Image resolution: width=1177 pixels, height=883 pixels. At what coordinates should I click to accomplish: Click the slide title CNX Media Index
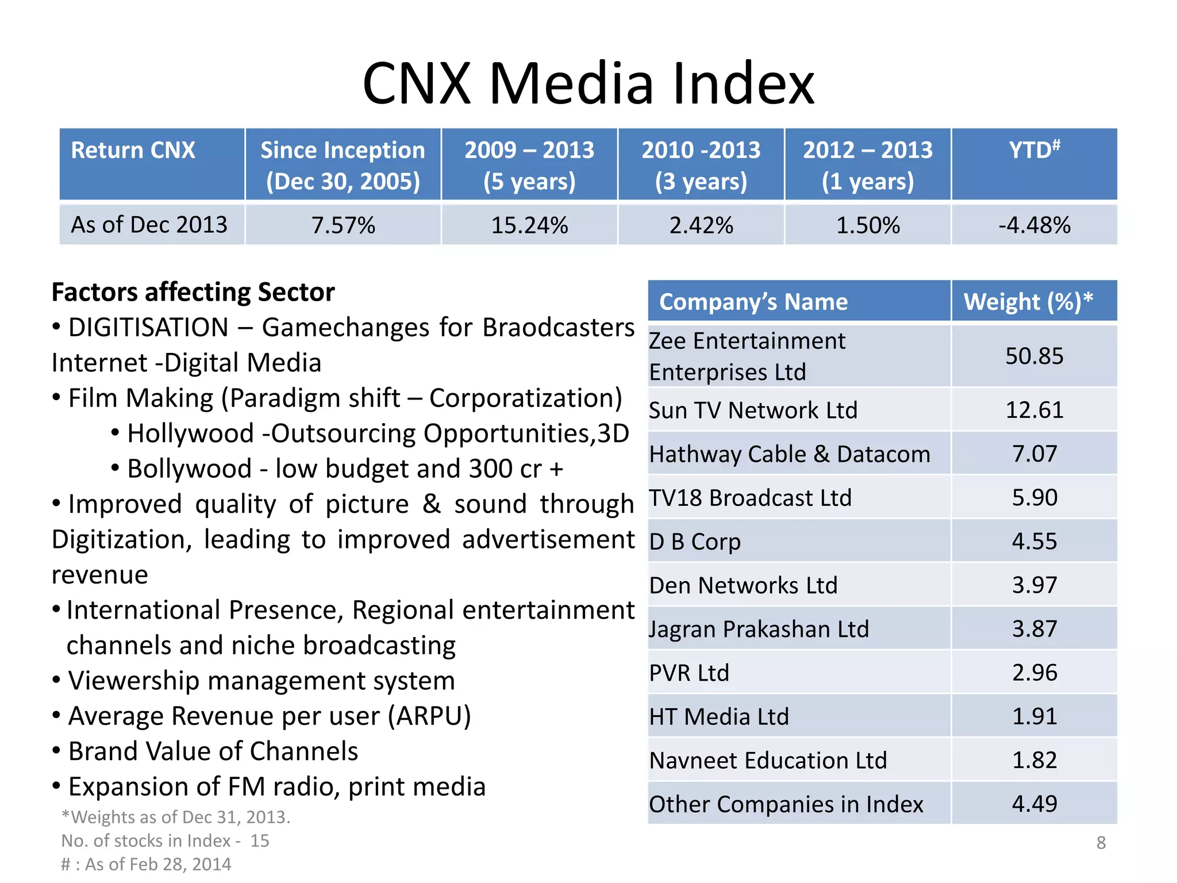point(588,84)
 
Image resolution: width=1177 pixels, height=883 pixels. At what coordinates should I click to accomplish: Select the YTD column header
point(1034,151)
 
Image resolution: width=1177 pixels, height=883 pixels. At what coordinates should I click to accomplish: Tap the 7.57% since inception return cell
point(343,225)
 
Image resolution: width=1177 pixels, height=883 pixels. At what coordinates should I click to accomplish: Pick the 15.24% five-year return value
point(529,225)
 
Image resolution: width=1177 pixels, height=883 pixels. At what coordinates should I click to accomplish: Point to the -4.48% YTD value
point(1034,225)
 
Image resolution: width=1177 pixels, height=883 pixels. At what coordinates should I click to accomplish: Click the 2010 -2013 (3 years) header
point(701,165)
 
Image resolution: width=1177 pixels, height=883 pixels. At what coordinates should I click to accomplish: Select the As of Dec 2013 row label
point(149,225)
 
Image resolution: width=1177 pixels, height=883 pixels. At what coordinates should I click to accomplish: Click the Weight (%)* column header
point(1028,302)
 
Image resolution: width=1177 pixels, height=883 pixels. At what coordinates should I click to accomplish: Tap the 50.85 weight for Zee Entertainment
point(1034,356)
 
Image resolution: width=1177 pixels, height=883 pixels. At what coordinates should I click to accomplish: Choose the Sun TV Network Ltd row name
point(753,410)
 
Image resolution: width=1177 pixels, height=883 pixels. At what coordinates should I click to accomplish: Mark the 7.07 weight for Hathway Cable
point(1034,454)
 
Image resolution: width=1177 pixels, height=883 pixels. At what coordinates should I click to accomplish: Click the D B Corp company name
point(695,542)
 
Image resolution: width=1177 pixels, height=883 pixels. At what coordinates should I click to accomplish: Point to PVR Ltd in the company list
point(689,673)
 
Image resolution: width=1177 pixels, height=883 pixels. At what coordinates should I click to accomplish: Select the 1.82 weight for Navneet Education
point(1034,760)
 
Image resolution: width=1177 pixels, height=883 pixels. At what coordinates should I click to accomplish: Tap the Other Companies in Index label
point(786,804)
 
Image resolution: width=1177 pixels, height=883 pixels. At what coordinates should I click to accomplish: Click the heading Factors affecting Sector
point(193,292)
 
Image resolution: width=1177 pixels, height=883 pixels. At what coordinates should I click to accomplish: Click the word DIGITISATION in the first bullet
point(148,328)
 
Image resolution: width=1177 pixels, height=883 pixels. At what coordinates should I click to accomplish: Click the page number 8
point(1101,843)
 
